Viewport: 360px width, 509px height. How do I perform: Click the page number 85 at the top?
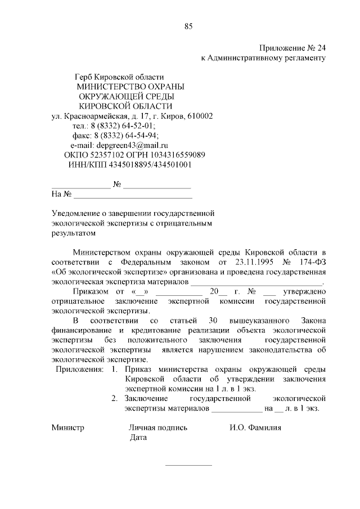188,26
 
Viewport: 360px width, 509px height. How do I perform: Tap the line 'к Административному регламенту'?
263,58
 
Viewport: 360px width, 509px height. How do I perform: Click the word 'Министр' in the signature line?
67,427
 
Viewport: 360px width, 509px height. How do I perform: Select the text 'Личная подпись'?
158,427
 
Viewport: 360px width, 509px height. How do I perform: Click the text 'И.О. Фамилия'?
255,427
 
